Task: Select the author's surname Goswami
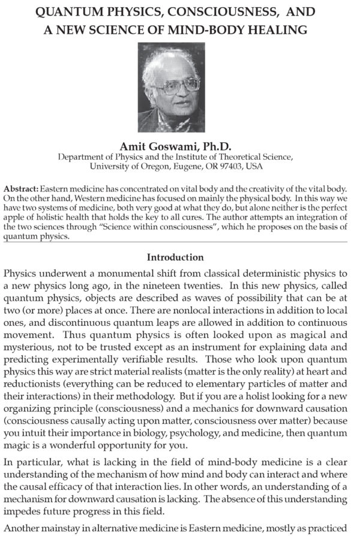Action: click(172, 146)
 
